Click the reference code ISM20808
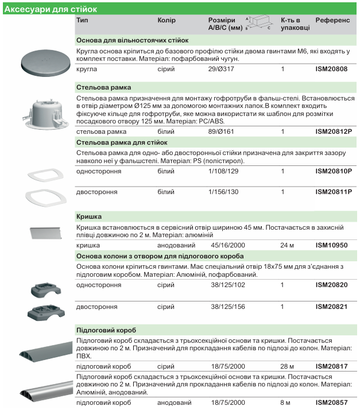pos(331,69)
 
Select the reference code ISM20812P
pos(334,131)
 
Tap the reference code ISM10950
pos(331,245)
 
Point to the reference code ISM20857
pos(331,404)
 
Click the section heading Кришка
pos(89,216)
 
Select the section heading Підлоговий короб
pos(106,330)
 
